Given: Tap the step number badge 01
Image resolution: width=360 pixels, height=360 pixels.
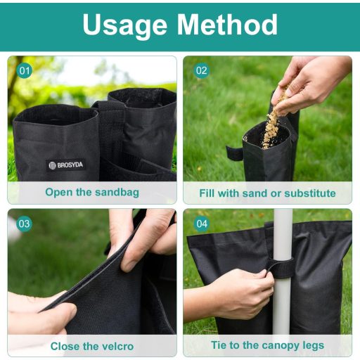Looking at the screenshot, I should click(x=25, y=71).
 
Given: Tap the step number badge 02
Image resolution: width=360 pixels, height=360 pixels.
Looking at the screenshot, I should click(x=202, y=71).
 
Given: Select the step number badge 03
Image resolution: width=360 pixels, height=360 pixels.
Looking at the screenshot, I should click(x=25, y=224).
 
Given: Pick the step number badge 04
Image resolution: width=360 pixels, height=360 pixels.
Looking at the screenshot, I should click(x=202, y=224).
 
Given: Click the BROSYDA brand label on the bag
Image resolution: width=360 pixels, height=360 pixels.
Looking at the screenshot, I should click(x=65, y=165).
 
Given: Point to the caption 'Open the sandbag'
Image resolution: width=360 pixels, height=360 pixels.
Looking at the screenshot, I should click(x=92, y=192).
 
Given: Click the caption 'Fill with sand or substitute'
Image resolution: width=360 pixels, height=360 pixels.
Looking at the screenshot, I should click(x=267, y=193).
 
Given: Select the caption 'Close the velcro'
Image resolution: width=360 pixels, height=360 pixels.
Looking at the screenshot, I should click(x=91, y=346).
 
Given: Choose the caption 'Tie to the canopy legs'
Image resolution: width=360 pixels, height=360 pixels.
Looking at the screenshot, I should click(x=267, y=345).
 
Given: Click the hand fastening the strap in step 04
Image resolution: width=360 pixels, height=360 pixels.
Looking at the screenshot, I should click(x=243, y=292).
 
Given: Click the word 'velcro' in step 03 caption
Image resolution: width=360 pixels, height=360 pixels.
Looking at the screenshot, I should click(x=115, y=346).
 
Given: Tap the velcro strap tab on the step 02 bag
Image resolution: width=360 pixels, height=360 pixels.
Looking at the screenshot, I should click(x=234, y=152).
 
